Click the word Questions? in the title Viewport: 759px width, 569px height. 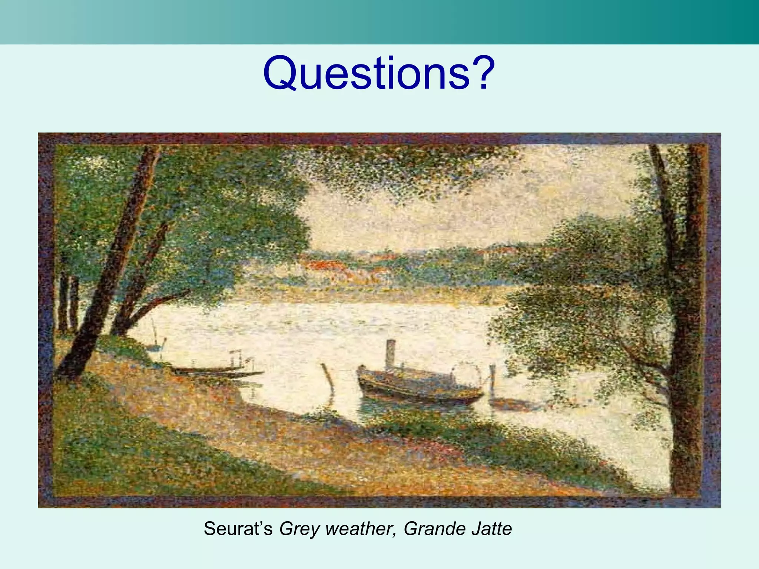pyautogui.click(x=379, y=73)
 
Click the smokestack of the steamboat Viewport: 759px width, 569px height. pyautogui.click(x=390, y=354)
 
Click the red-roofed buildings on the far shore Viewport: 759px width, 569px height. pyautogui.click(x=326, y=265)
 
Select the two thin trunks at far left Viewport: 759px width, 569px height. pyautogui.click(x=69, y=304)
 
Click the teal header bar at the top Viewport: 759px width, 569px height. pyautogui.click(x=379, y=22)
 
